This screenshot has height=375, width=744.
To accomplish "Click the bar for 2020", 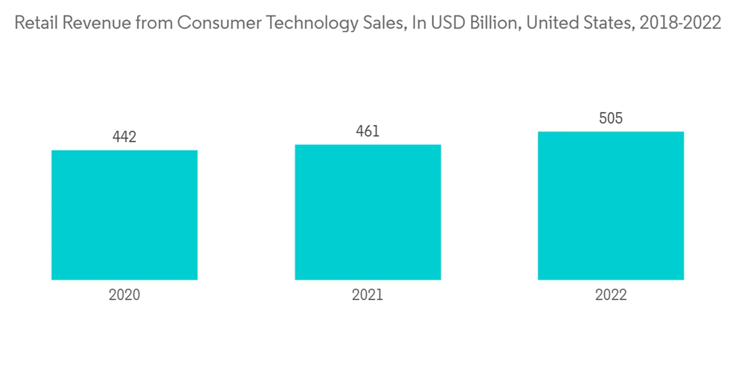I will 124,215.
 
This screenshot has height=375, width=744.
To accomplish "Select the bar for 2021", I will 368,212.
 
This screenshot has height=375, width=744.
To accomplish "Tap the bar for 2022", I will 611,205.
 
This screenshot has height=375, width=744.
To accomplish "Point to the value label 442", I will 124,137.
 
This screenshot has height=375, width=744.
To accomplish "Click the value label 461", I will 368,131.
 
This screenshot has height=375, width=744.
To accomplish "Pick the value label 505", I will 611,118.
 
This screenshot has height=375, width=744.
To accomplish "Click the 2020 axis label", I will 124,295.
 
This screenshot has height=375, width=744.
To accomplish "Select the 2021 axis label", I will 368,295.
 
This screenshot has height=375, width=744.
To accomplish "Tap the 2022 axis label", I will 611,295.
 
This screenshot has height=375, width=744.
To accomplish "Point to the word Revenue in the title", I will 90,24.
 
